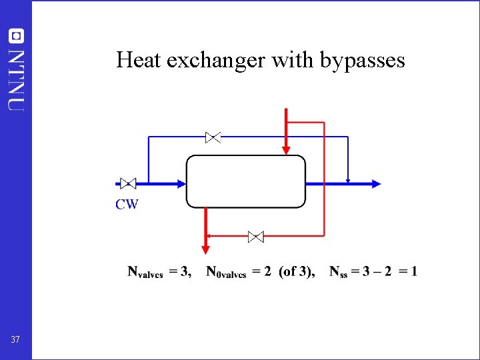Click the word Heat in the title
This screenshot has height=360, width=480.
point(139,61)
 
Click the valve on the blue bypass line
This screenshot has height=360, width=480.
point(213,137)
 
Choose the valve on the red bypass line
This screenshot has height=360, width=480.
point(255,236)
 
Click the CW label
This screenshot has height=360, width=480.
point(127,204)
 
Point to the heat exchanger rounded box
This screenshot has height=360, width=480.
point(245,181)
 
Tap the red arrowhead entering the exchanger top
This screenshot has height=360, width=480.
point(286,149)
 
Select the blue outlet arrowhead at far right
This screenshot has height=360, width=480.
point(376,183)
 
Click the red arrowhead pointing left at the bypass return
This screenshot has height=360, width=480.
point(208,236)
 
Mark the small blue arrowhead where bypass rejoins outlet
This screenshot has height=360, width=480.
point(348,179)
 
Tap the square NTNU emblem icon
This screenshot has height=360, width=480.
point(16,35)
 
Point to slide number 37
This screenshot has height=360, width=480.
point(15,341)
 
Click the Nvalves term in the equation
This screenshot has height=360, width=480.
point(145,272)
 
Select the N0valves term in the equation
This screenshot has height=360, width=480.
point(226,272)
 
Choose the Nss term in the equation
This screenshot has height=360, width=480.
point(340,272)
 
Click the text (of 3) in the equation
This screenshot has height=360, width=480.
point(297,271)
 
